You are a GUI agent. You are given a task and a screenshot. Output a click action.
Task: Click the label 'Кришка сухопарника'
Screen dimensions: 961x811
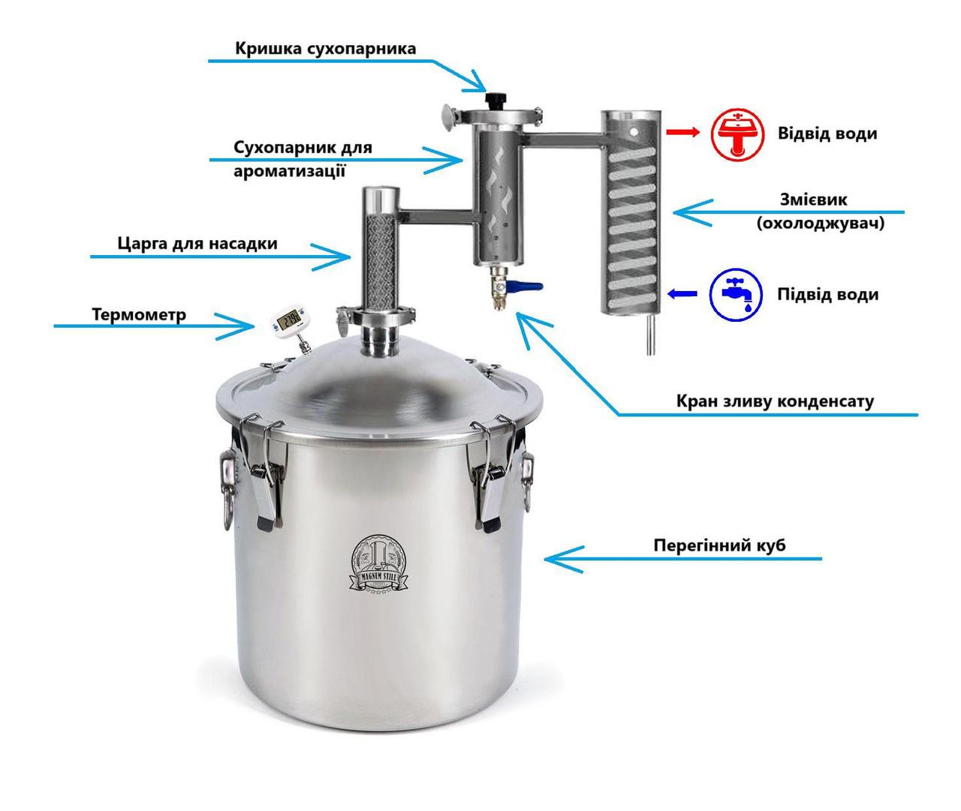pyautogui.click(x=325, y=48)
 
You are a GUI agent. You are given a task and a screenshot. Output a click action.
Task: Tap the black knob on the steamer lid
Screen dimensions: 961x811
pyautogui.click(x=496, y=99)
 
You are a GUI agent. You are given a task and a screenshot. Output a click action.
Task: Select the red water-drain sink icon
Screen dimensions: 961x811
pyautogui.click(x=737, y=134)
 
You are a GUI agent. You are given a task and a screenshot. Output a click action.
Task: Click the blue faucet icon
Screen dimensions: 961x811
pyautogui.click(x=736, y=294)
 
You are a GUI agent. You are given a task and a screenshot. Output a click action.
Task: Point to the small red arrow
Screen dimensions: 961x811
pyautogui.click(x=683, y=132)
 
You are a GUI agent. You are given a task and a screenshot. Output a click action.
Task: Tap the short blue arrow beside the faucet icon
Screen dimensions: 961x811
pyautogui.click(x=682, y=293)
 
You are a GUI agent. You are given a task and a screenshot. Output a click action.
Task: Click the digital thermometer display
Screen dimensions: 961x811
pyautogui.click(x=288, y=318)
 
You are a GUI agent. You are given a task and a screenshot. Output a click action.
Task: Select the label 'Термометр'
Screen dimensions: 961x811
pyautogui.click(x=139, y=314)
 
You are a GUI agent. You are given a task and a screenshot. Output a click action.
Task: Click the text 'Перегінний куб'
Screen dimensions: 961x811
pyautogui.click(x=719, y=545)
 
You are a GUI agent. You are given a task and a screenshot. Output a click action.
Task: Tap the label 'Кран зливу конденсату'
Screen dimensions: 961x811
pyautogui.click(x=775, y=401)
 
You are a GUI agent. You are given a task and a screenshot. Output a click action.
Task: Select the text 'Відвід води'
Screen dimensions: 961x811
pyautogui.click(x=827, y=134)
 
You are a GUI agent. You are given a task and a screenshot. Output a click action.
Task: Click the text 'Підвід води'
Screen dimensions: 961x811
pyautogui.click(x=828, y=294)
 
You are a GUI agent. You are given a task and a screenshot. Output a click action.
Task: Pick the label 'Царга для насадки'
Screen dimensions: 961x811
pyautogui.click(x=197, y=243)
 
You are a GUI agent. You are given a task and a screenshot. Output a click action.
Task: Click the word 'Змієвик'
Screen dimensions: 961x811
pyautogui.click(x=814, y=200)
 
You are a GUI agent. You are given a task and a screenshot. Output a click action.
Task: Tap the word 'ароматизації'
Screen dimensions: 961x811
pyautogui.click(x=290, y=170)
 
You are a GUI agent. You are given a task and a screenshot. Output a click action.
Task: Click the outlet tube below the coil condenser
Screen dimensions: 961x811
pyautogui.click(x=651, y=335)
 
